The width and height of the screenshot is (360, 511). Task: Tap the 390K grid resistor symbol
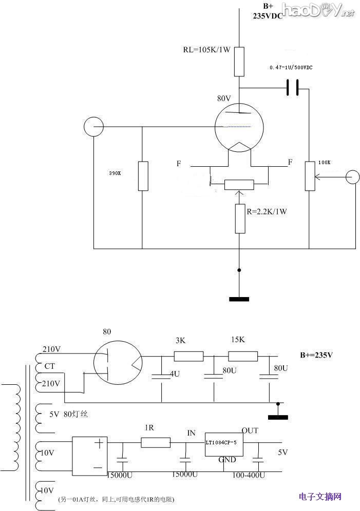click(x=143, y=176)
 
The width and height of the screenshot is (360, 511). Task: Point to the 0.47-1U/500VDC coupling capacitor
click(x=292, y=88)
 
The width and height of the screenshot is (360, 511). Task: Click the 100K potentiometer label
click(x=325, y=162)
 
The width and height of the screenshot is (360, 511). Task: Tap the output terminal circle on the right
click(x=352, y=178)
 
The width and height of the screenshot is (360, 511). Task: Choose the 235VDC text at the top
click(x=268, y=16)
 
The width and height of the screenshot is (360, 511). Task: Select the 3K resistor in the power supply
click(x=188, y=356)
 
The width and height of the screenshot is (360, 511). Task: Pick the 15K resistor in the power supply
click(x=242, y=356)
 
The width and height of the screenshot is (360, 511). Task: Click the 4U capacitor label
click(x=175, y=374)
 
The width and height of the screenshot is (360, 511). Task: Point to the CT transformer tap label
click(x=50, y=366)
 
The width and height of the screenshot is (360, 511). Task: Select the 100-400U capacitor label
click(x=249, y=476)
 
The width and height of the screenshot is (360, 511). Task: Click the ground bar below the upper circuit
click(x=239, y=299)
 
